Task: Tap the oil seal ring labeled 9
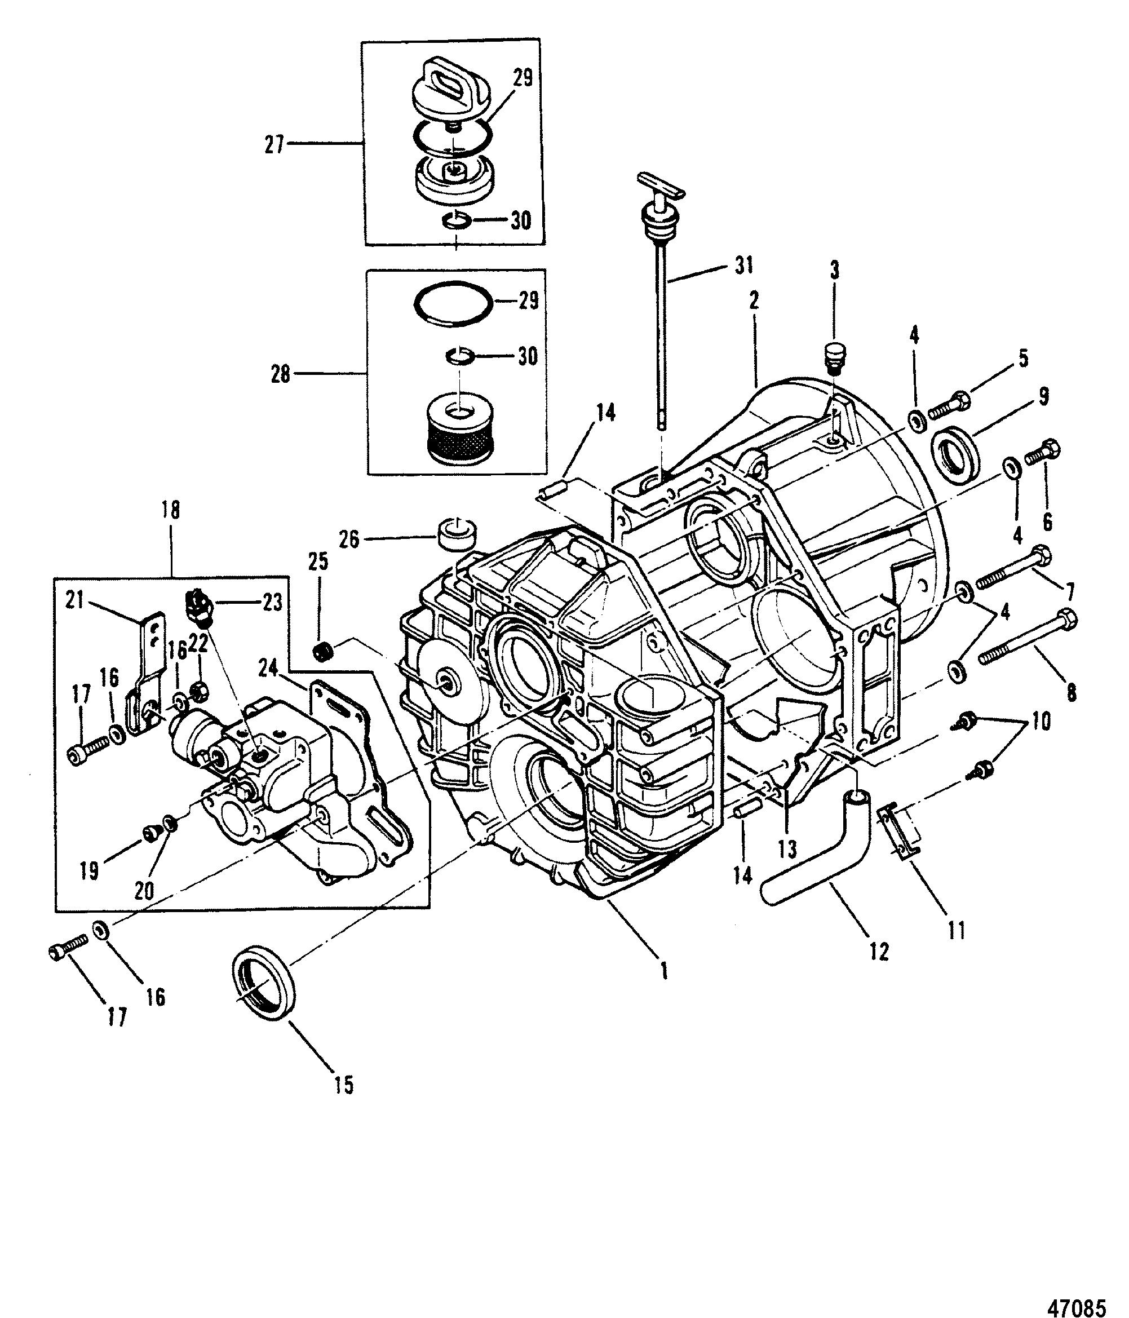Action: tap(955, 453)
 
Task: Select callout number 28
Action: tap(281, 374)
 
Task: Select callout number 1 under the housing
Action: tap(665, 989)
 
